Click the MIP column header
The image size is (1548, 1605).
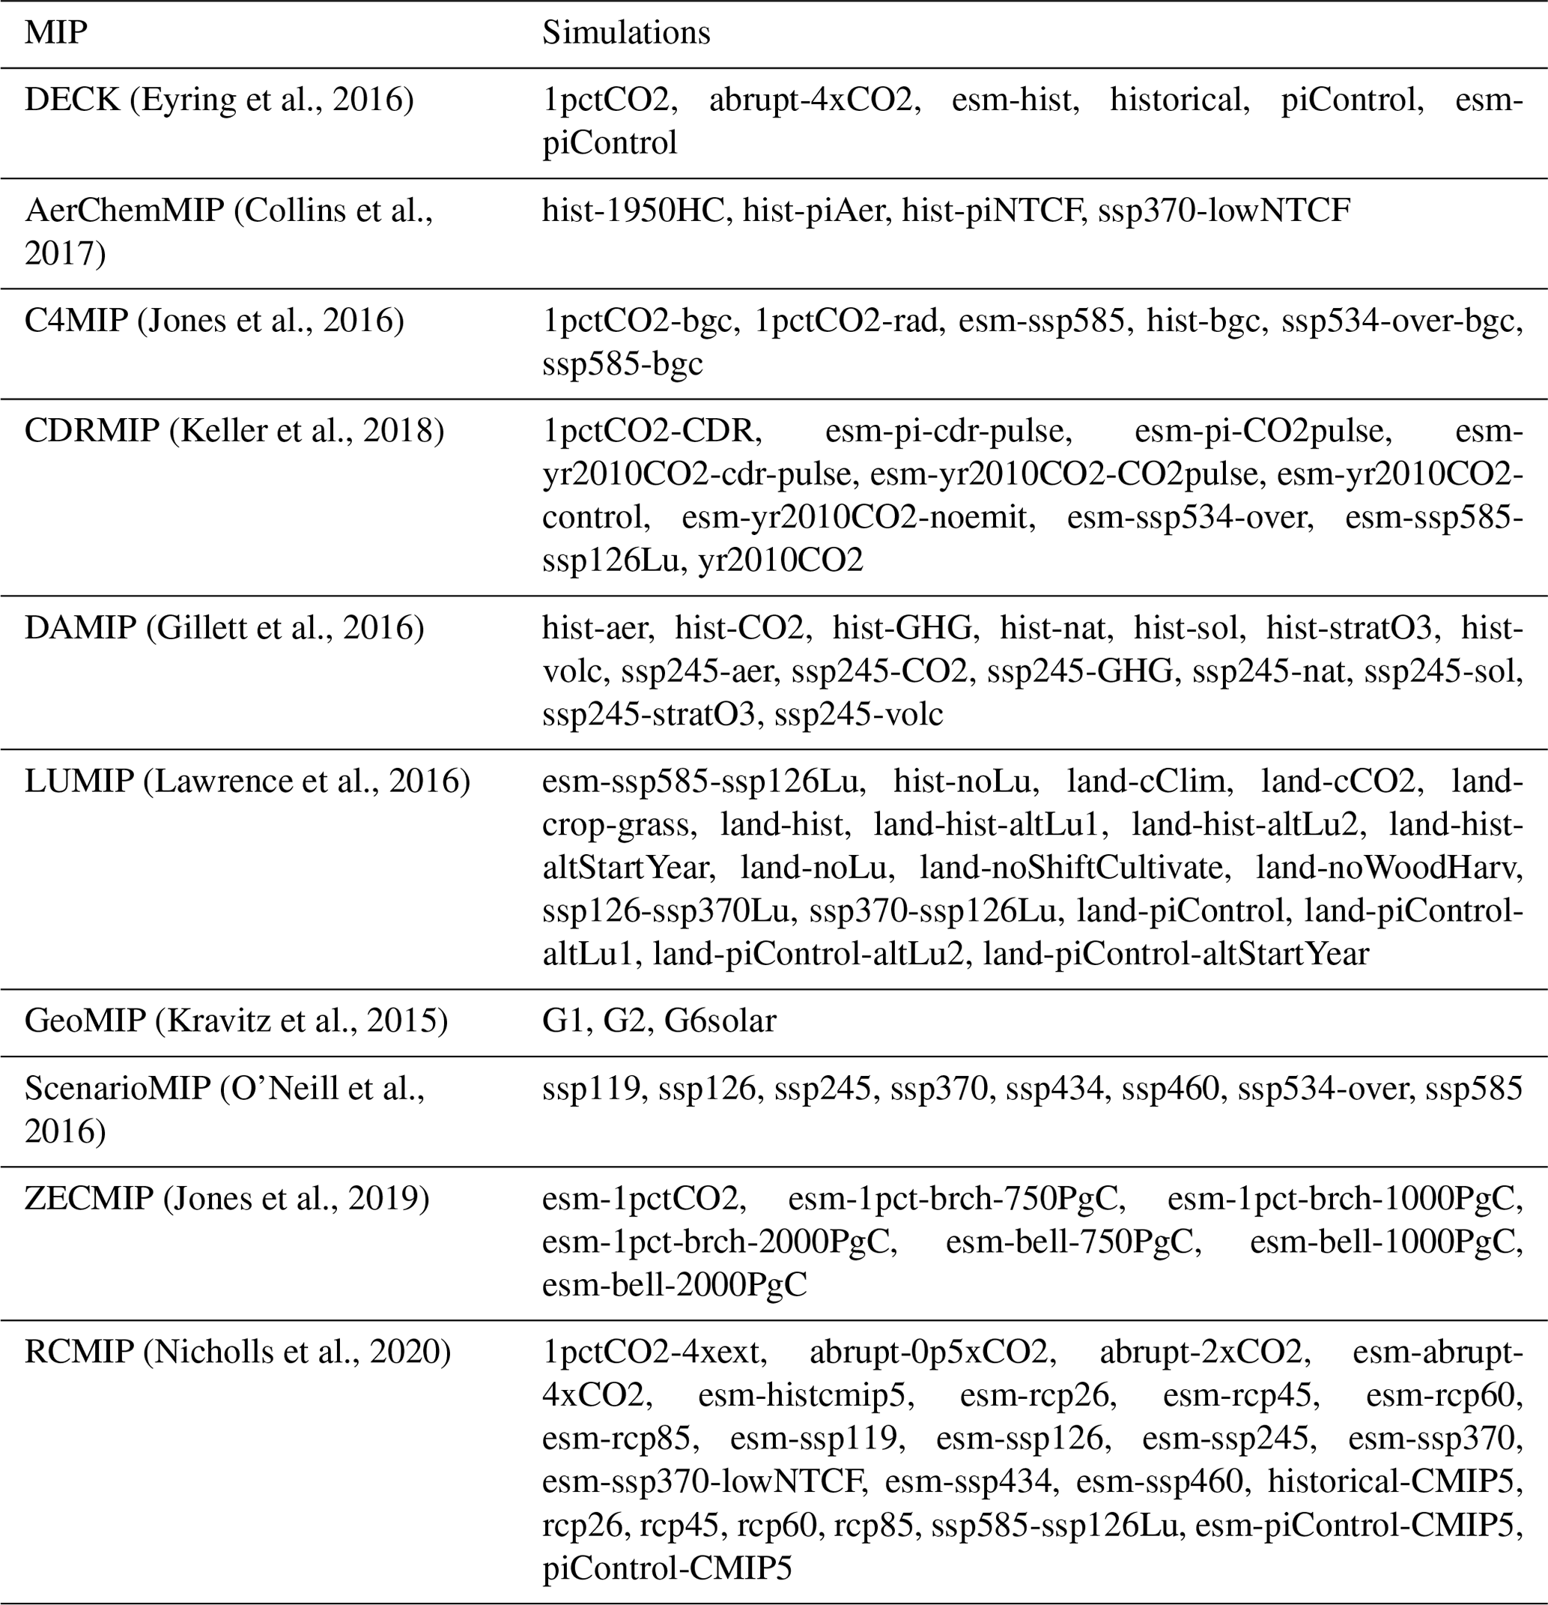[x=55, y=33]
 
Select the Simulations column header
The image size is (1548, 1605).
[x=625, y=33]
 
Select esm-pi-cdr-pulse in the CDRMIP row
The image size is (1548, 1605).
[x=948, y=431]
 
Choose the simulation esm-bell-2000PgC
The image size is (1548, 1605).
[x=674, y=1285]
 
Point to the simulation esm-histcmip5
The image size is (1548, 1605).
[x=807, y=1394]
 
